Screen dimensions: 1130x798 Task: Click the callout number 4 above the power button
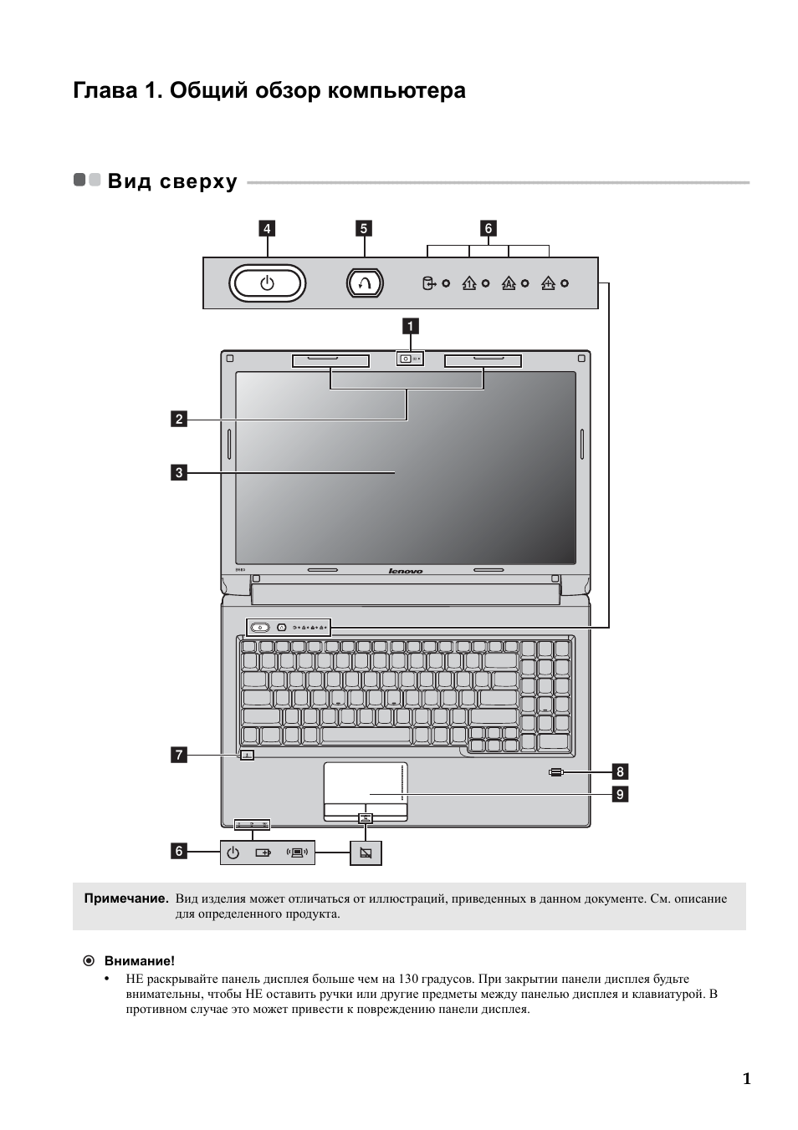(267, 228)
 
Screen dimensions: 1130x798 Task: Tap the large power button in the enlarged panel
(267, 283)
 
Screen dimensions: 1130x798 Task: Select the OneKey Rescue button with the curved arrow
(364, 283)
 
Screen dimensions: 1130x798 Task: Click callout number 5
(364, 228)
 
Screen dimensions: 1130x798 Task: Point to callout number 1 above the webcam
(411, 326)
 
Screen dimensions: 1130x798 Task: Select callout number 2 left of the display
(178, 419)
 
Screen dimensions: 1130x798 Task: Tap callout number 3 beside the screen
(178, 472)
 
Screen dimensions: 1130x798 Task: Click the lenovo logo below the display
(406, 572)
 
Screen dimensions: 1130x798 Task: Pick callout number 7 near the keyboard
(178, 756)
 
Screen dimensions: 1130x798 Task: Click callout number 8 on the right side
(620, 771)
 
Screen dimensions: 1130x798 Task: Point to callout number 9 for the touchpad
(620, 794)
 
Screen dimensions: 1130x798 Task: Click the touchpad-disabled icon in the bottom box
(366, 853)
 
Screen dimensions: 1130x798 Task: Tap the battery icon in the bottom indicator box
(263, 853)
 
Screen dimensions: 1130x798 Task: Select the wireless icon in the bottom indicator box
(297, 853)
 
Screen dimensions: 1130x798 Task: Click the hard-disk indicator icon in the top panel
(428, 283)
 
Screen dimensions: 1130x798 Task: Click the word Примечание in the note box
(126, 898)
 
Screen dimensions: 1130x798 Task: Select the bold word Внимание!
(139, 961)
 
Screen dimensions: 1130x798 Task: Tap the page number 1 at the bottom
(746, 1078)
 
